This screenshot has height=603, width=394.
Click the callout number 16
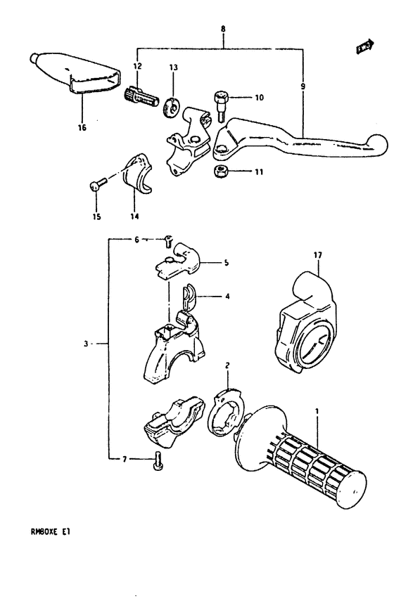(x=82, y=129)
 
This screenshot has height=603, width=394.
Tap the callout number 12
(x=137, y=66)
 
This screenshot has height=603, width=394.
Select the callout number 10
(x=240, y=98)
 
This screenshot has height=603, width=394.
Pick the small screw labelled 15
(x=96, y=185)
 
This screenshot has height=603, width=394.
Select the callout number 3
(x=84, y=344)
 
